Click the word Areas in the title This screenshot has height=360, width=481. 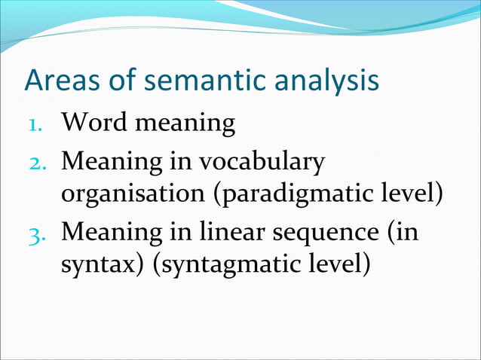click(x=60, y=81)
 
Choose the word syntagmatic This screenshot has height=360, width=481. click(x=225, y=266)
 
